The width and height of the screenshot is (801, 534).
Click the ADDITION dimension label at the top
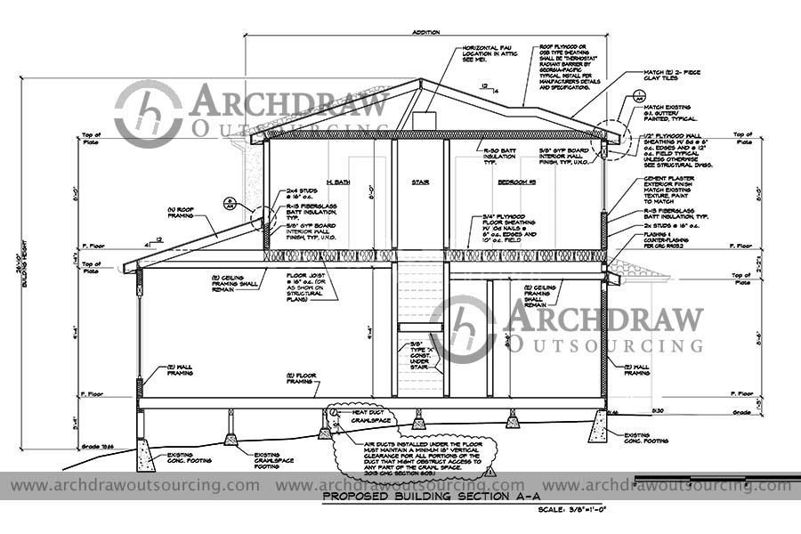pos(426,32)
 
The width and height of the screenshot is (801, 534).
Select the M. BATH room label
pos(337,182)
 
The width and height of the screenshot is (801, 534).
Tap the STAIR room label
pos(420,182)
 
